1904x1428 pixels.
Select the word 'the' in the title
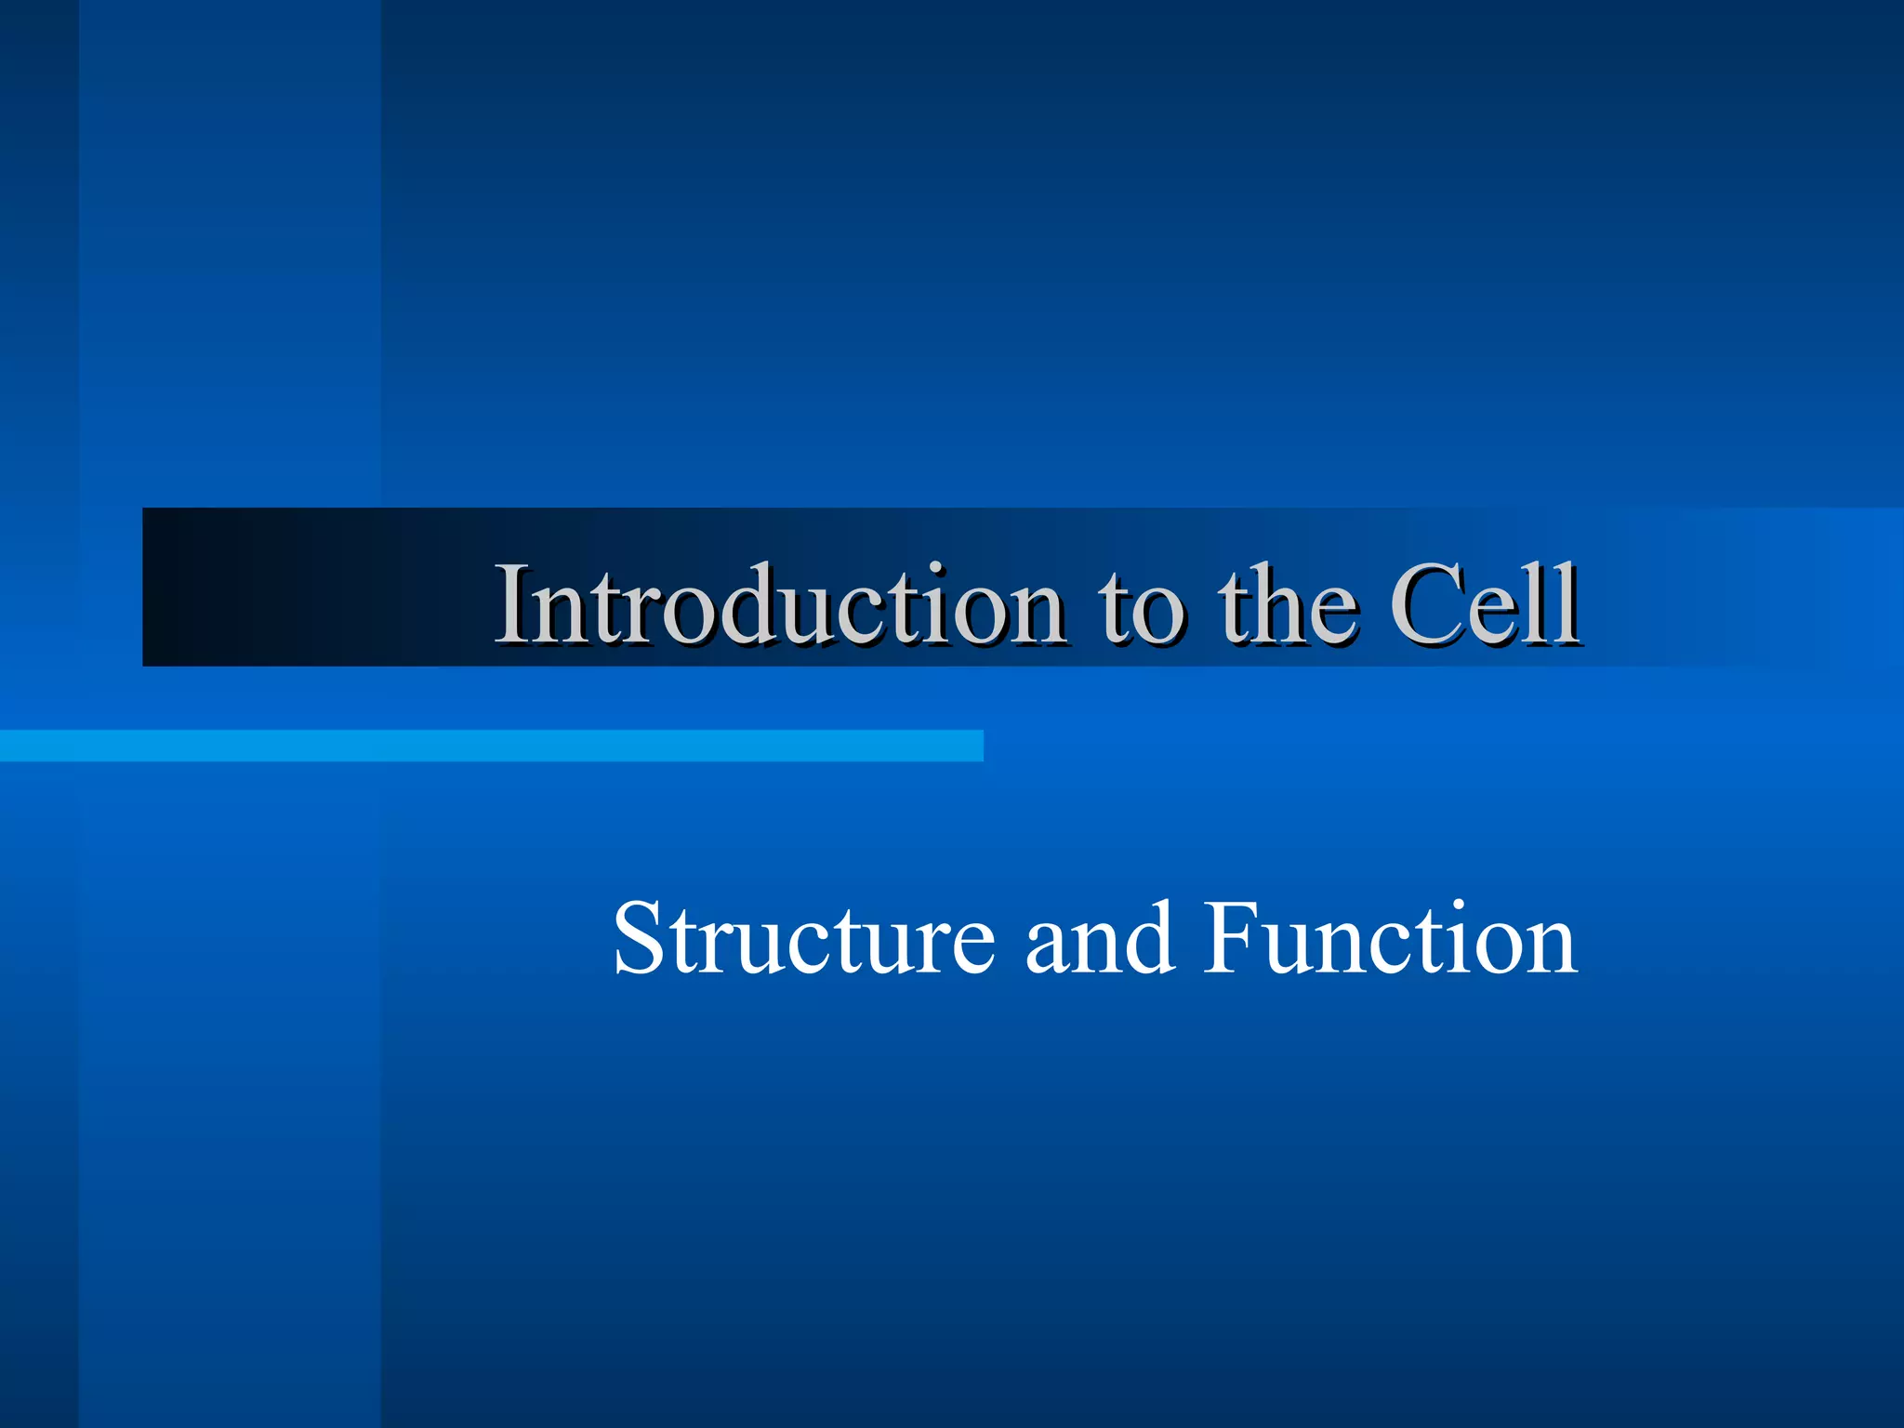point(1289,606)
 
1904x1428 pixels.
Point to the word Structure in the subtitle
point(803,941)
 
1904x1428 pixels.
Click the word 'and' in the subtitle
point(1099,941)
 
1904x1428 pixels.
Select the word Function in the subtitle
point(1389,941)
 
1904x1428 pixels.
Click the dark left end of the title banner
point(186,588)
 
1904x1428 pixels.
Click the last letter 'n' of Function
point(1551,948)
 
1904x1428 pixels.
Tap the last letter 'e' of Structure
point(972,948)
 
